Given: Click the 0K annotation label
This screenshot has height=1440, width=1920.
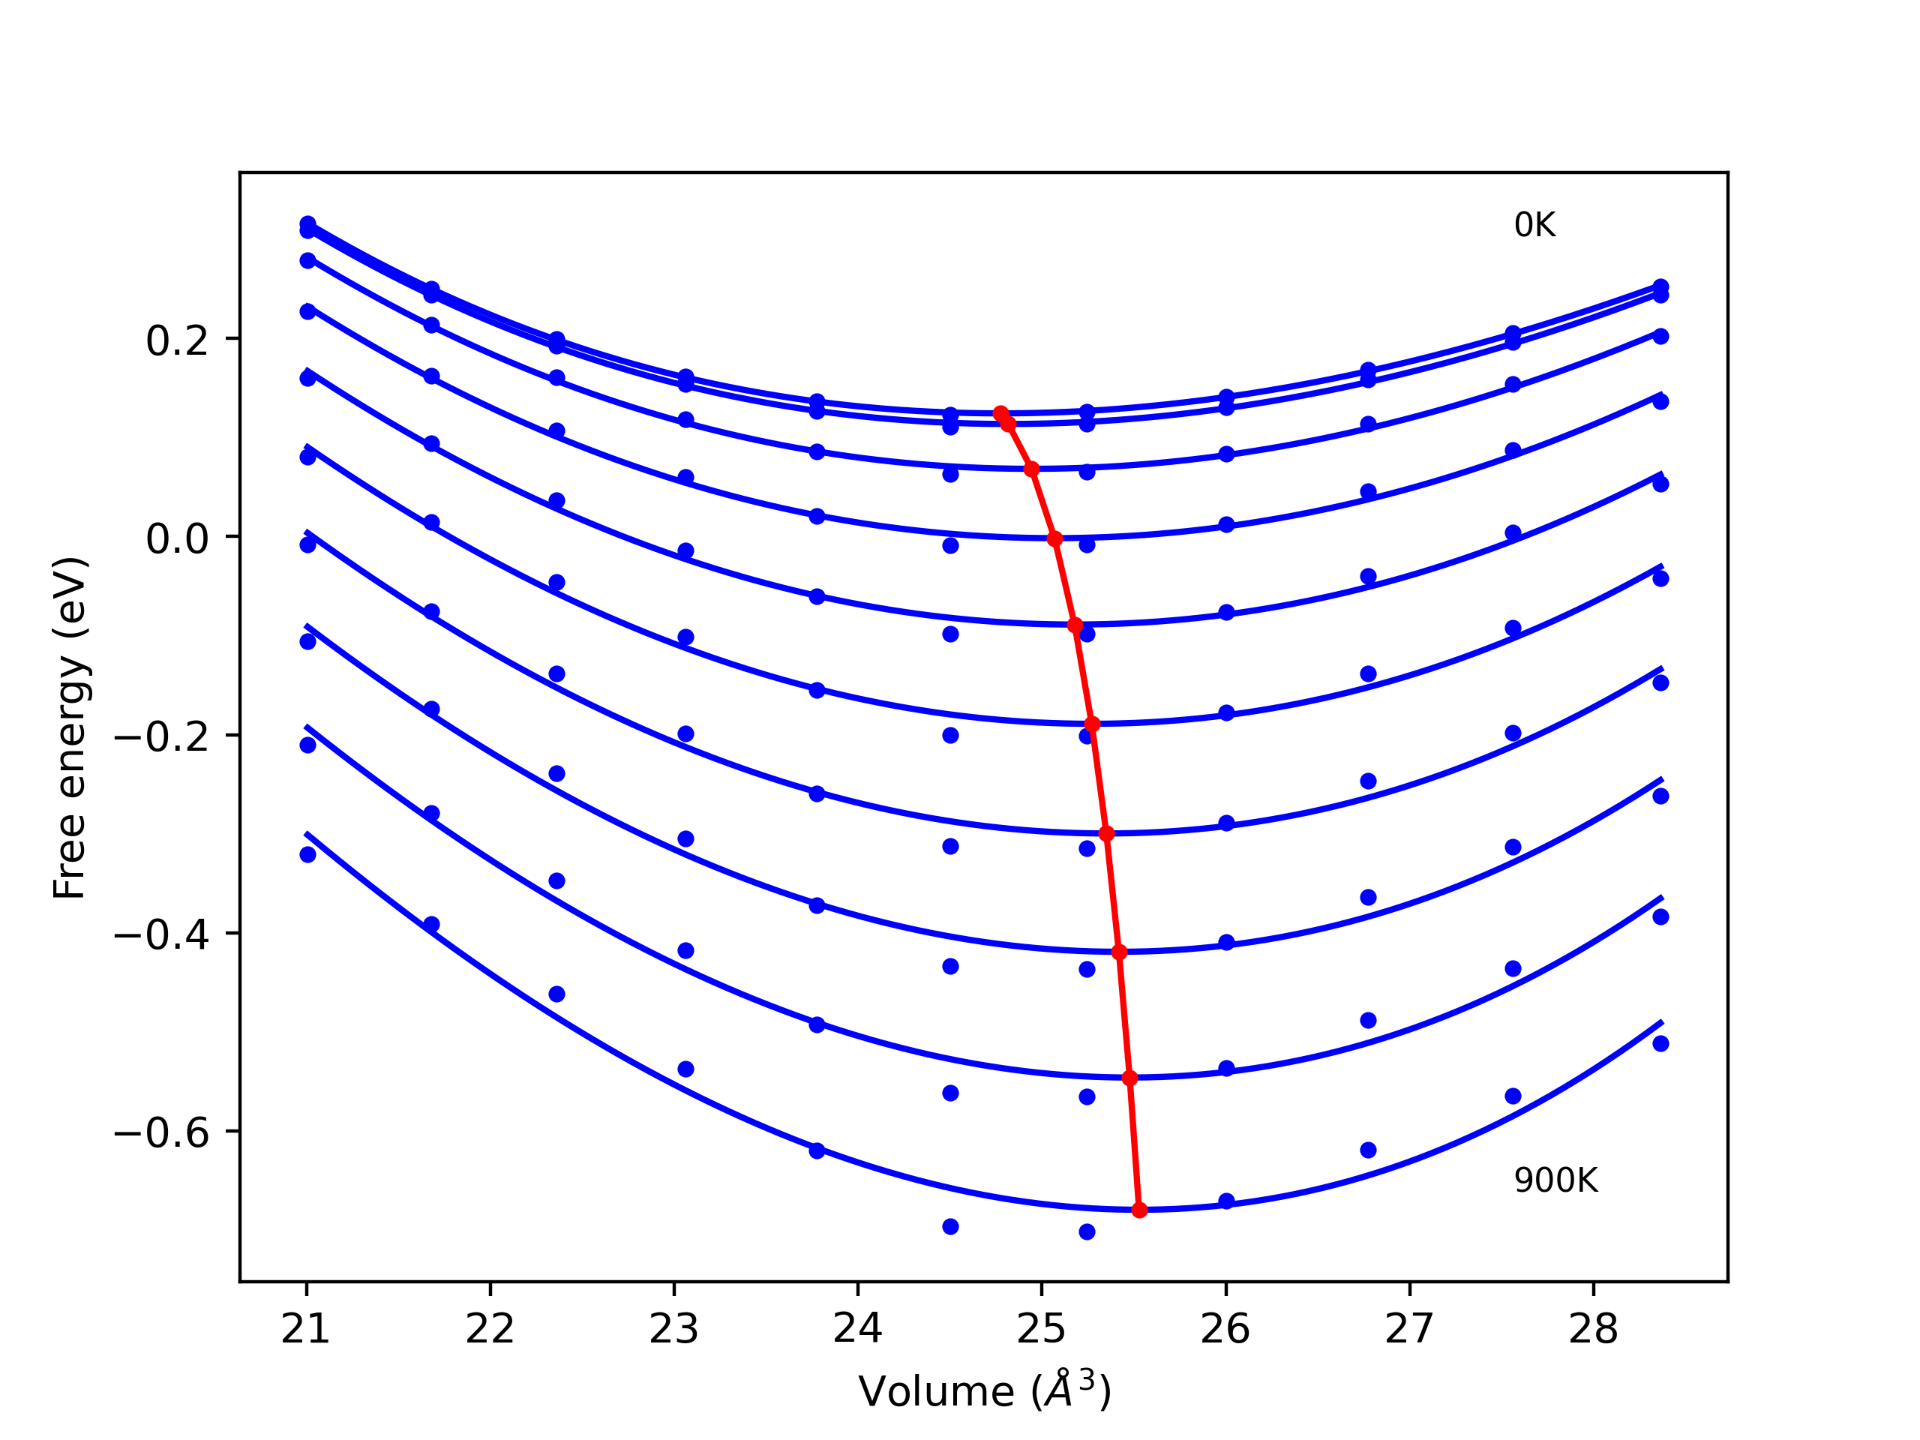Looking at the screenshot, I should coord(1534,226).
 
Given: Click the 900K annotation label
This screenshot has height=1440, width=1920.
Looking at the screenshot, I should coord(1555,1180).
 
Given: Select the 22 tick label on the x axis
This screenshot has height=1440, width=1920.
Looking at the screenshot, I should coord(490,1329).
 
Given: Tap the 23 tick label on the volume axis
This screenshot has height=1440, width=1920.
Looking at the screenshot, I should coord(673,1329).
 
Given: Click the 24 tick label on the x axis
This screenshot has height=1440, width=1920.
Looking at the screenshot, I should coord(857,1329).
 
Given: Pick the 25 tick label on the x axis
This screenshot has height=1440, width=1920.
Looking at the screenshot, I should coord(1042,1329).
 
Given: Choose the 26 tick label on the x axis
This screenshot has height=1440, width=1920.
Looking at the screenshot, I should coord(1225,1329).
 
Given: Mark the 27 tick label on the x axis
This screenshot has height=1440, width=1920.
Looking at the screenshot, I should coord(1408,1329).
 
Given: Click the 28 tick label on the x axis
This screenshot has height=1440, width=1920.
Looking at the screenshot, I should coord(1593,1329).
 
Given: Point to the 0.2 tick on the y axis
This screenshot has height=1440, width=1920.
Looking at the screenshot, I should coord(177,341).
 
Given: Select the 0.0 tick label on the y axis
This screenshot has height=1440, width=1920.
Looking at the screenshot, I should coord(177,539).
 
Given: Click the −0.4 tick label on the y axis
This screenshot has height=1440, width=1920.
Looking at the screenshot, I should coord(161,934).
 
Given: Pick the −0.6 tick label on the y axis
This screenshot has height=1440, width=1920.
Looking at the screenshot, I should coord(161,1133).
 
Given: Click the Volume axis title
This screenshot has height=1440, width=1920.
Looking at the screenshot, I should coord(984,1391).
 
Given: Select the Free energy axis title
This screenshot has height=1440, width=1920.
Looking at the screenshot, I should coord(70,727).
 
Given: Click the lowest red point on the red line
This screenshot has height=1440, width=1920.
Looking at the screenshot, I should coord(1138,1209).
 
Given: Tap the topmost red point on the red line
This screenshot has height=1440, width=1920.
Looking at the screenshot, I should coord(1000,413).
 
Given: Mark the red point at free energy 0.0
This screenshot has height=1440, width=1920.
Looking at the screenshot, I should coord(1054,539).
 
